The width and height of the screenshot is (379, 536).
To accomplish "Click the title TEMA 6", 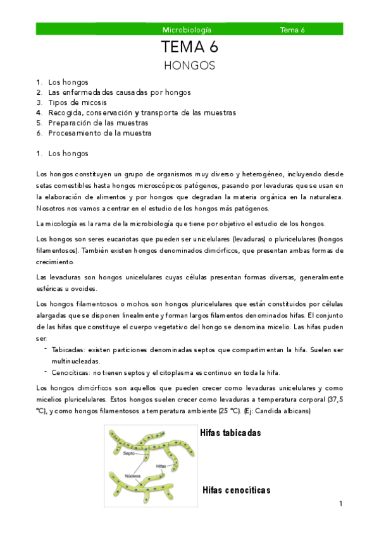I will click(189, 47).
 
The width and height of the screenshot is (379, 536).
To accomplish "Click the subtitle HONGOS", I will click(189, 65).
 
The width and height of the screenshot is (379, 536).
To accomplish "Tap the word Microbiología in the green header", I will click(187, 30).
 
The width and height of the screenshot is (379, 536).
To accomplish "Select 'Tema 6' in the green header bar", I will click(292, 30).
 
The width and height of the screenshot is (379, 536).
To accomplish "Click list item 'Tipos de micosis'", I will click(77, 102).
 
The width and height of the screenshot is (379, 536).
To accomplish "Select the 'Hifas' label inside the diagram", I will click(162, 466).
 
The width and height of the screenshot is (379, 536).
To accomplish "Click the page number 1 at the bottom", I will click(340, 504).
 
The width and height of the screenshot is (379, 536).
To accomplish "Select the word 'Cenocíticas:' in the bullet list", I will click(70, 372).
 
